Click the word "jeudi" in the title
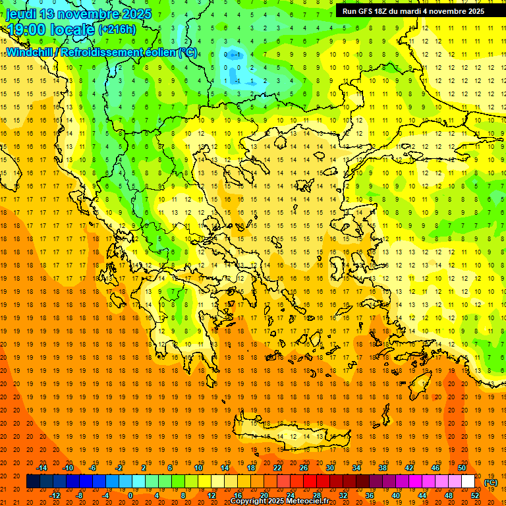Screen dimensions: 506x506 (21, 14)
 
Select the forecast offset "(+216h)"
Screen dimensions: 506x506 (117, 30)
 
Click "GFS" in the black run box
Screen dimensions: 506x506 (366, 11)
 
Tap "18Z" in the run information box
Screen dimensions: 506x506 (385, 11)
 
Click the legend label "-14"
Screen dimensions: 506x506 (42, 468)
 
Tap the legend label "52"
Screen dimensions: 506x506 (476, 495)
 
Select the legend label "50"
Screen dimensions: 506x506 (462, 468)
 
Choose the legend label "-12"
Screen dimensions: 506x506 (55, 495)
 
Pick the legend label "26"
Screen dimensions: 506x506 (304, 468)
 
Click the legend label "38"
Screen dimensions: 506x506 (383, 468)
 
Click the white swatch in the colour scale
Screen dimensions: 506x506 (468, 482)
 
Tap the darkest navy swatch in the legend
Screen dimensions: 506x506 (33, 482)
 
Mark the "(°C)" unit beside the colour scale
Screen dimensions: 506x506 (491, 482)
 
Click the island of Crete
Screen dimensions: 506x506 (290, 436)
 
